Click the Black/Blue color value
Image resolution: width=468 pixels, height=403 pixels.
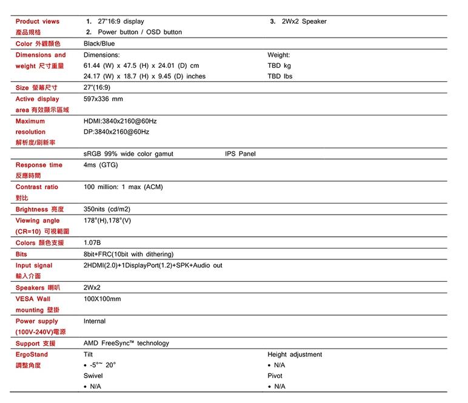[99, 44]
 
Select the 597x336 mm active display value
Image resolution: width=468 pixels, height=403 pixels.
[103, 99]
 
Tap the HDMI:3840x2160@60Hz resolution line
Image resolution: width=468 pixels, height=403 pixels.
[120, 121]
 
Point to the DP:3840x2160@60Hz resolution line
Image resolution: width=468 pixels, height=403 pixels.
[116, 132]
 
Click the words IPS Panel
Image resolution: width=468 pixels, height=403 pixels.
[240, 154]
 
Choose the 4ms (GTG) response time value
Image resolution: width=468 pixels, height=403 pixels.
[101, 165]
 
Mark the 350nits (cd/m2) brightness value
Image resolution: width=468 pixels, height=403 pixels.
[107, 209]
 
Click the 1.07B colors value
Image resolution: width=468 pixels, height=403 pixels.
[92, 243]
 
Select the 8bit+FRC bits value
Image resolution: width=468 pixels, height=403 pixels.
[129, 254]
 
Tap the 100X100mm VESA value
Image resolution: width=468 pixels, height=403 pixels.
[102, 299]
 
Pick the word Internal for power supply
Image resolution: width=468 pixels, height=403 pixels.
[95, 321]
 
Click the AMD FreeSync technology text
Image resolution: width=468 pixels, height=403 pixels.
[126, 343]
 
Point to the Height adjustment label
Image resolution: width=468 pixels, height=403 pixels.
[295, 355]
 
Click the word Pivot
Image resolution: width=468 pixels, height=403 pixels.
[275, 376]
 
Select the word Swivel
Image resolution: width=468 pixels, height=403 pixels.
[93, 376]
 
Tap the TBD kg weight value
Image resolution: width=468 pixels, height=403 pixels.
[279, 65]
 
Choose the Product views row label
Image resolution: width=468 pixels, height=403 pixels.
[38, 21]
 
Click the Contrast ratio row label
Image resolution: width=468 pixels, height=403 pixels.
[37, 187]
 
